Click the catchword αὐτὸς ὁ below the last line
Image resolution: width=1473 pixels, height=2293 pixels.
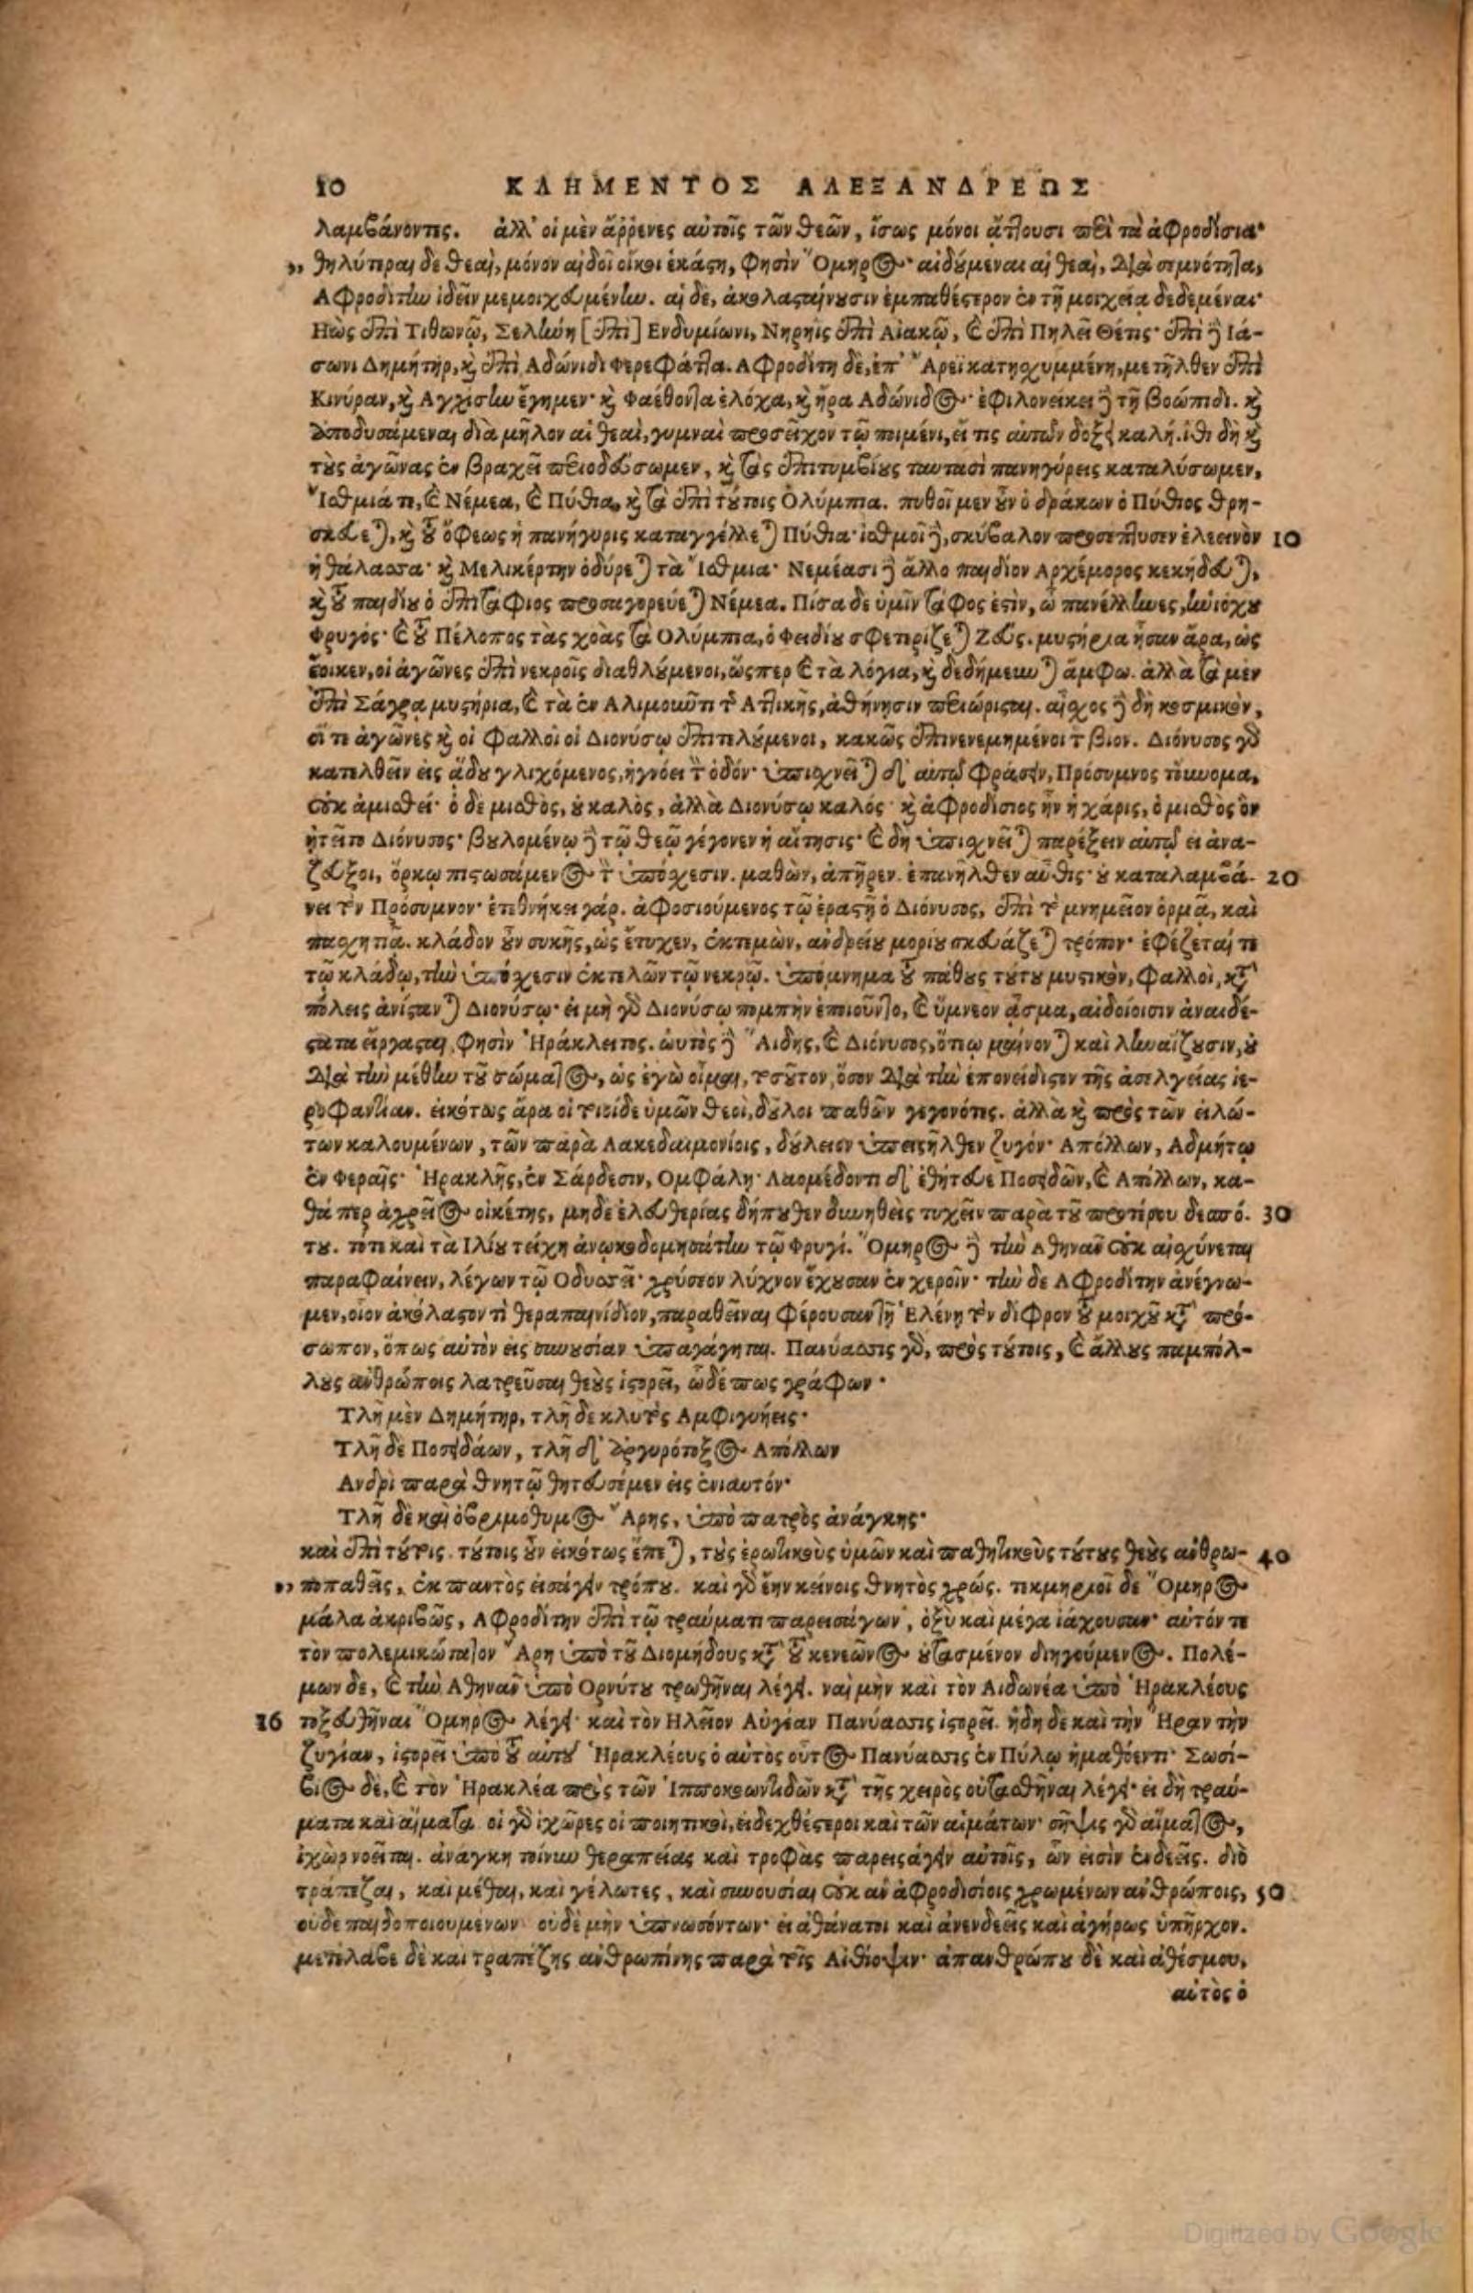click(1211, 1963)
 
